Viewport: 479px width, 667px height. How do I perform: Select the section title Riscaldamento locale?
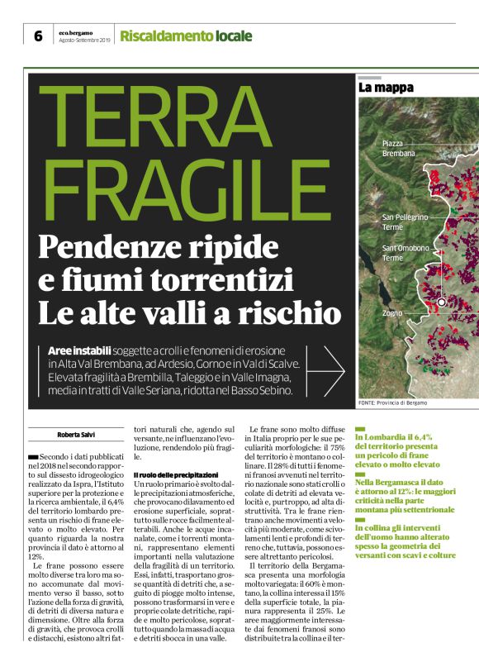pyautogui.click(x=186, y=36)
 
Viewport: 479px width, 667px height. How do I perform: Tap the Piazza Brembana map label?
pyautogui.click(x=399, y=149)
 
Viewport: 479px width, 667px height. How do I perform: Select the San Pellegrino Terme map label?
pyautogui.click(x=405, y=222)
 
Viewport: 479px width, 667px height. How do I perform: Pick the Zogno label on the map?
pyautogui.click(x=392, y=313)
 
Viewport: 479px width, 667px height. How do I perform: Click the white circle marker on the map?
pyautogui.click(x=442, y=303)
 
